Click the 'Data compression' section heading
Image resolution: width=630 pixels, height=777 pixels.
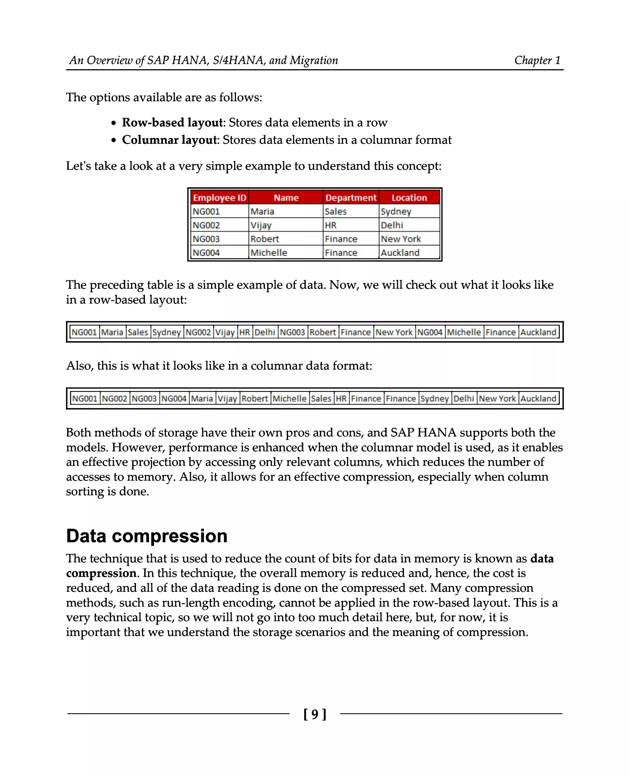(x=147, y=536)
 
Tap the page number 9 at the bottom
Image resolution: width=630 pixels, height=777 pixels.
(x=315, y=714)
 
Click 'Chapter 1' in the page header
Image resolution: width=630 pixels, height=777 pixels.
(x=537, y=60)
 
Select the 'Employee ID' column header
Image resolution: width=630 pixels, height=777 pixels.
(x=220, y=198)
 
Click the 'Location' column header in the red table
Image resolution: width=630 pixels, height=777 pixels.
(x=409, y=198)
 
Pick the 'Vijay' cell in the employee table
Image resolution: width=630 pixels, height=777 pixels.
(x=261, y=225)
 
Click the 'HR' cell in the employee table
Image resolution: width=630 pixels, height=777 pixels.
(x=331, y=225)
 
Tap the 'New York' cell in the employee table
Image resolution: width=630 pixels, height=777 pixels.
(x=401, y=239)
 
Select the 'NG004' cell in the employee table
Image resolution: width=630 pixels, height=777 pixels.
(x=206, y=253)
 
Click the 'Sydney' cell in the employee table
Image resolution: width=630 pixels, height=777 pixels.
(x=396, y=211)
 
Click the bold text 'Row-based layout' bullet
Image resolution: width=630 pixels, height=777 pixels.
(x=172, y=123)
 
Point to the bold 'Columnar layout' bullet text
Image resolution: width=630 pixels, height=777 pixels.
(x=169, y=140)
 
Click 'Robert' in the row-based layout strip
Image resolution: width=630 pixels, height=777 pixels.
(x=323, y=332)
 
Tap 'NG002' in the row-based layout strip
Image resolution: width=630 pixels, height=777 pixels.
(x=198, y=332)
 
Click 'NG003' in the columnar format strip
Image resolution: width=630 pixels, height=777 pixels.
(x=144, y=399)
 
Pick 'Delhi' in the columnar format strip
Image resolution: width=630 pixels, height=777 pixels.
(x=464, y=399)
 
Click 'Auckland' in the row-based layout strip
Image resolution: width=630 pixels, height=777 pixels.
(x=538, y=332)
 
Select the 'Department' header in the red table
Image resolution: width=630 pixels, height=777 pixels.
(x=351, y=198)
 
